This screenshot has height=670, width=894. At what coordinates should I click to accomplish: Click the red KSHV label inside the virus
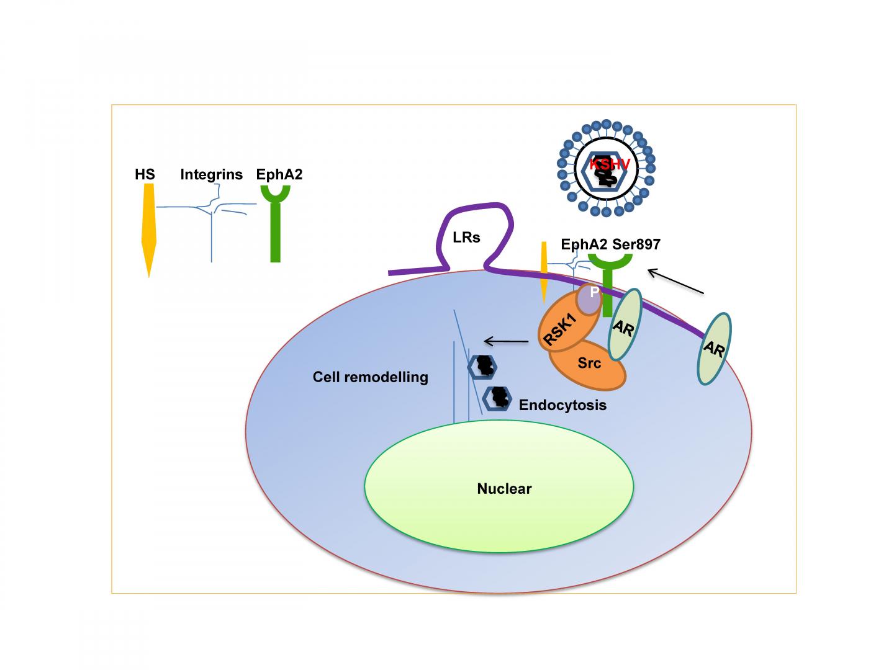610,164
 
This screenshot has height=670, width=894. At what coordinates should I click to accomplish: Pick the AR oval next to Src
624,324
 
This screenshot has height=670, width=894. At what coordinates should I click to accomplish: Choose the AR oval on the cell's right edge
714,349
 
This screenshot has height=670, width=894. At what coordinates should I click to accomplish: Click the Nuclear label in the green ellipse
504,489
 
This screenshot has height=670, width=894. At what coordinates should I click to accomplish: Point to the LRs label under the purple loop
466,238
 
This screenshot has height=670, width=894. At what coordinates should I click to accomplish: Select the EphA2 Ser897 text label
610,244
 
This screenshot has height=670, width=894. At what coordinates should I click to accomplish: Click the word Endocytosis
562,405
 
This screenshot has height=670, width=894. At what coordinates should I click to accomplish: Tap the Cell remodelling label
371,377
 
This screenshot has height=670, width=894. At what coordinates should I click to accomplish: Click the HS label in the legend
145,174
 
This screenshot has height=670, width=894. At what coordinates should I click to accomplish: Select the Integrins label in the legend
211,174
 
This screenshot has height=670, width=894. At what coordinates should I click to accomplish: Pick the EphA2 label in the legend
279,174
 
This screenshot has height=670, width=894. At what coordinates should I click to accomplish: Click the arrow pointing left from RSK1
506,341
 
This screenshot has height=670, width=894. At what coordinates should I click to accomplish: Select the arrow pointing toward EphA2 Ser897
675,281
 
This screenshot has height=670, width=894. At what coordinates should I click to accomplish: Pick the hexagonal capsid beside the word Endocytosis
497,398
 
